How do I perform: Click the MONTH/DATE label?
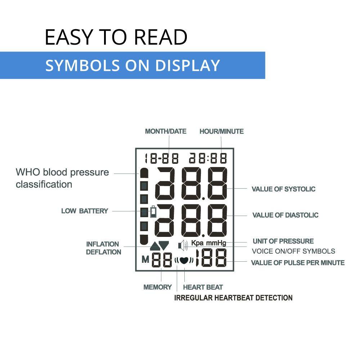pyautogui.click(x=166, y=131)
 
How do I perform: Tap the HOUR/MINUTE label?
pyautogui.click(x=221, y=131)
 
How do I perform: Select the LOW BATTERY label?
pyautogui.click(x=85, y=211)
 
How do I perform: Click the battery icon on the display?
pyautogui.click(x=153, y=212)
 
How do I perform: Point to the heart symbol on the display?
pyautogui.click(x=184, y=260)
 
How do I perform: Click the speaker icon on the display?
pyautogui.click(x=183, y=246)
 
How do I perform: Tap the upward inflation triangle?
pyautogui.click(x=155, y=246)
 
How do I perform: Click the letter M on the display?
pyautogui.click(x=145, y=260)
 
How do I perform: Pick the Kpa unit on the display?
pyautogui.click(x=197, y=243)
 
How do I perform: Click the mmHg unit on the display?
pyautogui.click(x=216, y=243)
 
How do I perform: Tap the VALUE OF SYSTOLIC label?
pyautogui.click(x=284, y=189)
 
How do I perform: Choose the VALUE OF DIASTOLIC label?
pyautogui.click(x=285, y=215)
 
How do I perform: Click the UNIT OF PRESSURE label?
pyautogui.click(x=283, y=241)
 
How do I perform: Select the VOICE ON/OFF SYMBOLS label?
pyautogui.click(x=293, y=251)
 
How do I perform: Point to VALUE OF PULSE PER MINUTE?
pyautogui.click(x=298, y=263)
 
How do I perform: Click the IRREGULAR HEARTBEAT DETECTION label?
pyautogui.click(x=233, y=298)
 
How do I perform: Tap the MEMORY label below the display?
pyautogui.click(x=158, y=287)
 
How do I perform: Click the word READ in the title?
pyautogui.click(x=161, y=37)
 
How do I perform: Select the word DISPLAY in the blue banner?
pyautogui.click(x=188, y=66)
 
